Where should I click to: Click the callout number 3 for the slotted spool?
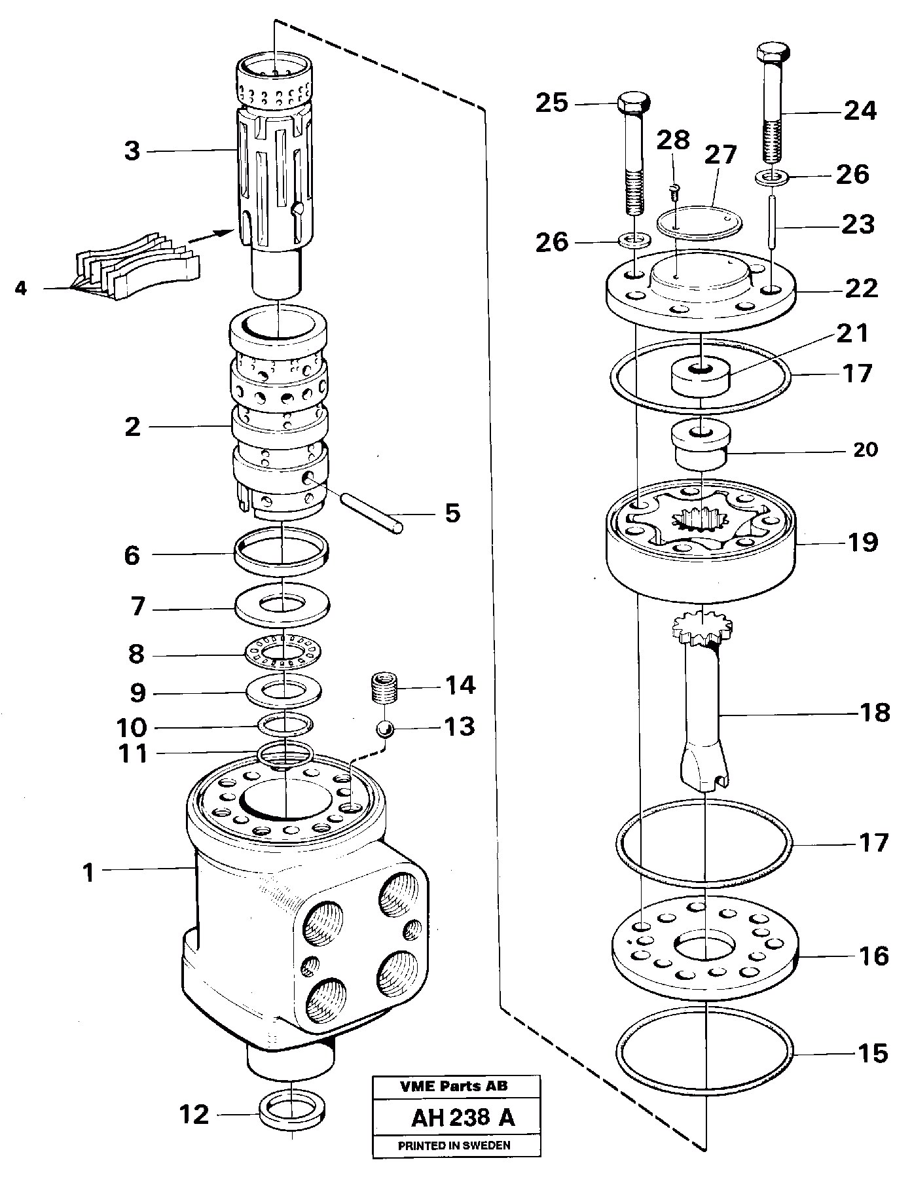[x=132, y=151]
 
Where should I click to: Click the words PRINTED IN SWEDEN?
[x=454, y=1145]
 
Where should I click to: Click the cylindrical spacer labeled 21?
[x=699, y=377]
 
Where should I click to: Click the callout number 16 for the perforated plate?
[x=873, y=956]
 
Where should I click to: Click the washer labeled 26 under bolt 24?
[x=773, y=176]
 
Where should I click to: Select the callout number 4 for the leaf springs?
[x=21, y=288]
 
